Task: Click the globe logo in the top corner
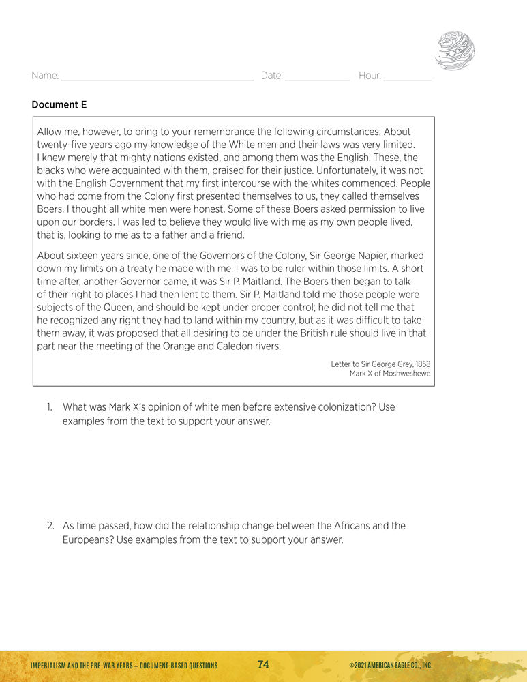coord(455,50)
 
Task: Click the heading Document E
coord(59,105)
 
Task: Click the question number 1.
coord(50,407)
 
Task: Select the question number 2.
coord(50,526)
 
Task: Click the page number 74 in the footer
coord(263,665)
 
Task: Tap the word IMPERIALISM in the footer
coord(48,666)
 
